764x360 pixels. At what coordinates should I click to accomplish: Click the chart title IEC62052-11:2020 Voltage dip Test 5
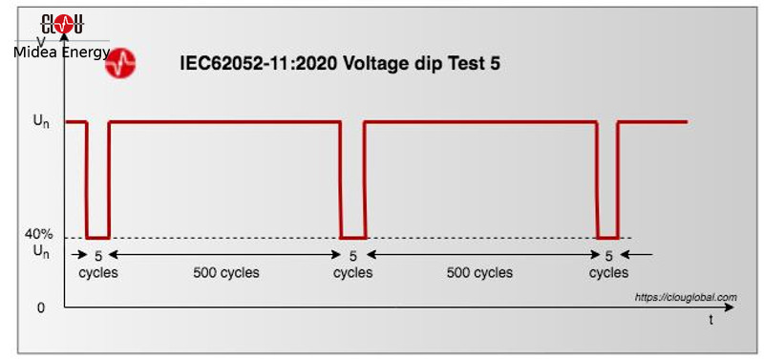click(x=340, y=64)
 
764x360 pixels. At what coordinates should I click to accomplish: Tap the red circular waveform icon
click(x=120, y=64)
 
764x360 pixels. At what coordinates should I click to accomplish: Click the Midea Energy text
click(x=62, y=52)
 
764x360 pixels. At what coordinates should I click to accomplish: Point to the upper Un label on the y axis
click(x=41, y=122)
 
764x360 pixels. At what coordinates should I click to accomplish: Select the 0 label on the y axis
click(x=41, y=307)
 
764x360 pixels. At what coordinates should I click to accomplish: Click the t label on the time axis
click(x=711, y=321)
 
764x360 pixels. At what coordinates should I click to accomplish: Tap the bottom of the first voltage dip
click(x=98, y=237)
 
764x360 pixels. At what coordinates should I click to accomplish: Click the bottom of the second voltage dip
click(x=353, y=237)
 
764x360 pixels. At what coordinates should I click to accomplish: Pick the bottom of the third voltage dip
click(x=608, y=237)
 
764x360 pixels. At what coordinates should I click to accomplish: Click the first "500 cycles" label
click(x=225, y=272)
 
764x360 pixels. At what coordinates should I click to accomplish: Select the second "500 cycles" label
click(x=480, y=272)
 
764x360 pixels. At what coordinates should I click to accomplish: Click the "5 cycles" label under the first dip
click(x=97, y=264)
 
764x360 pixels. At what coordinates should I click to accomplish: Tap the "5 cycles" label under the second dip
click(x=352, y=264)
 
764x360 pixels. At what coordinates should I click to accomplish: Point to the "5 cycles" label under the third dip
click(x=608, y=264)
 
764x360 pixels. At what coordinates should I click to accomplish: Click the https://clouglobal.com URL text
click(x=686, y=297)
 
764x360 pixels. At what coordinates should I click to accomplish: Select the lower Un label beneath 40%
click(x=41, y=252)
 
